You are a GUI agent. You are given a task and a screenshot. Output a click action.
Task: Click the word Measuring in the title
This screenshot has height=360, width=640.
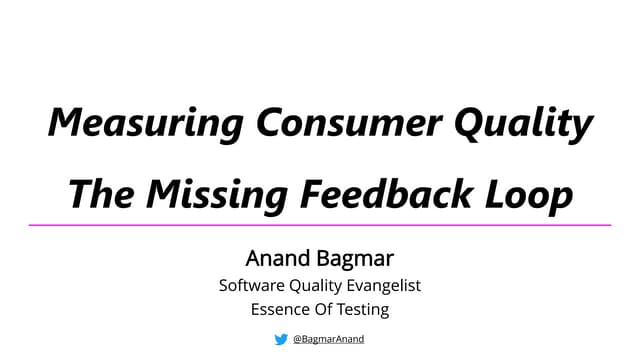coord(145,124)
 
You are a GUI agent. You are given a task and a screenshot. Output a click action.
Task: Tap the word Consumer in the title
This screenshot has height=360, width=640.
coord(348,124)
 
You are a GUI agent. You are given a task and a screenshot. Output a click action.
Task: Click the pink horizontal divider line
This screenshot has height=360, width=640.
coord(320,225)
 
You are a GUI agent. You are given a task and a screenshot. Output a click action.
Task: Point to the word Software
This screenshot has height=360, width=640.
coord(253,285)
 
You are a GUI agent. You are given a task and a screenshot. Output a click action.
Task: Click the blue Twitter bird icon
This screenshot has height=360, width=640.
coord(281,339)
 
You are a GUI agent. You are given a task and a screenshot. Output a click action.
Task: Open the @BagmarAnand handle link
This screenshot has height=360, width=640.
coord(329,339)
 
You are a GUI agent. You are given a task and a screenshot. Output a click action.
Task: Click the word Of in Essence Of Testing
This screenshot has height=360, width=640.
coord(322,309)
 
